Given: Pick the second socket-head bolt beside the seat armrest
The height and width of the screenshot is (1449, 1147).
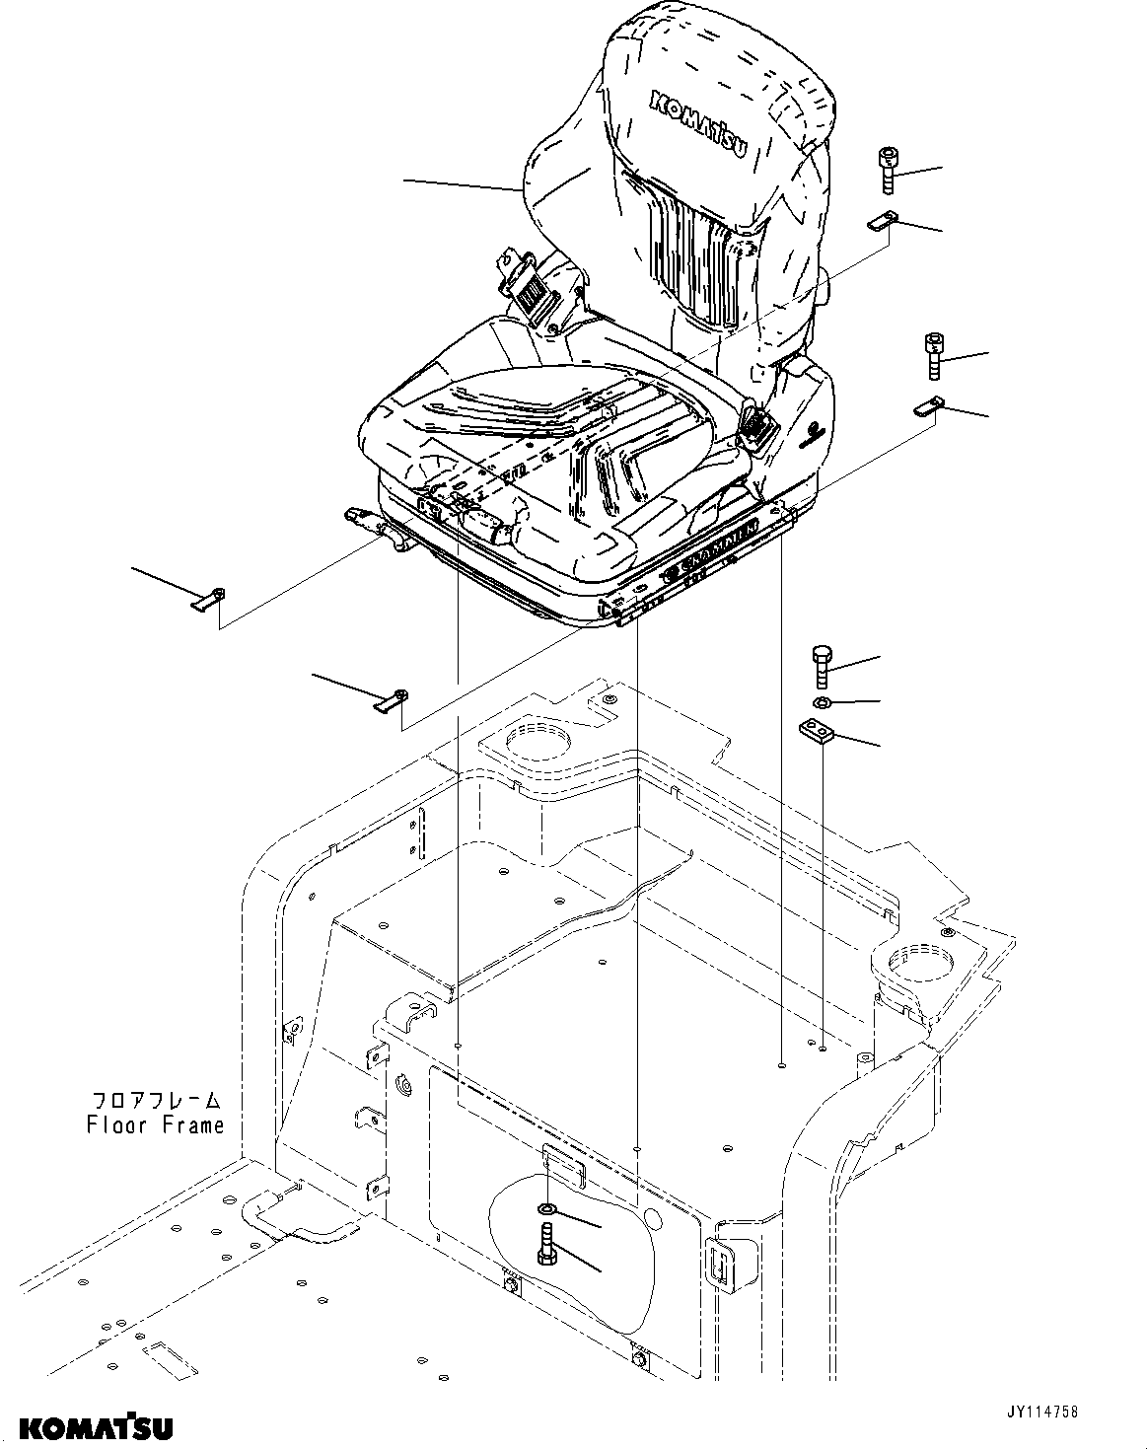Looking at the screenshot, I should [934, 356].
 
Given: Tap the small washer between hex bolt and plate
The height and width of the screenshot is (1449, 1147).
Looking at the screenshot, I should [821, 702].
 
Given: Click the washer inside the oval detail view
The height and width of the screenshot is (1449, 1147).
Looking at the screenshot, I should [546, 1209].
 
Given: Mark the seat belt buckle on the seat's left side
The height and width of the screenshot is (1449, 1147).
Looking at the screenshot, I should [530, 286].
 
